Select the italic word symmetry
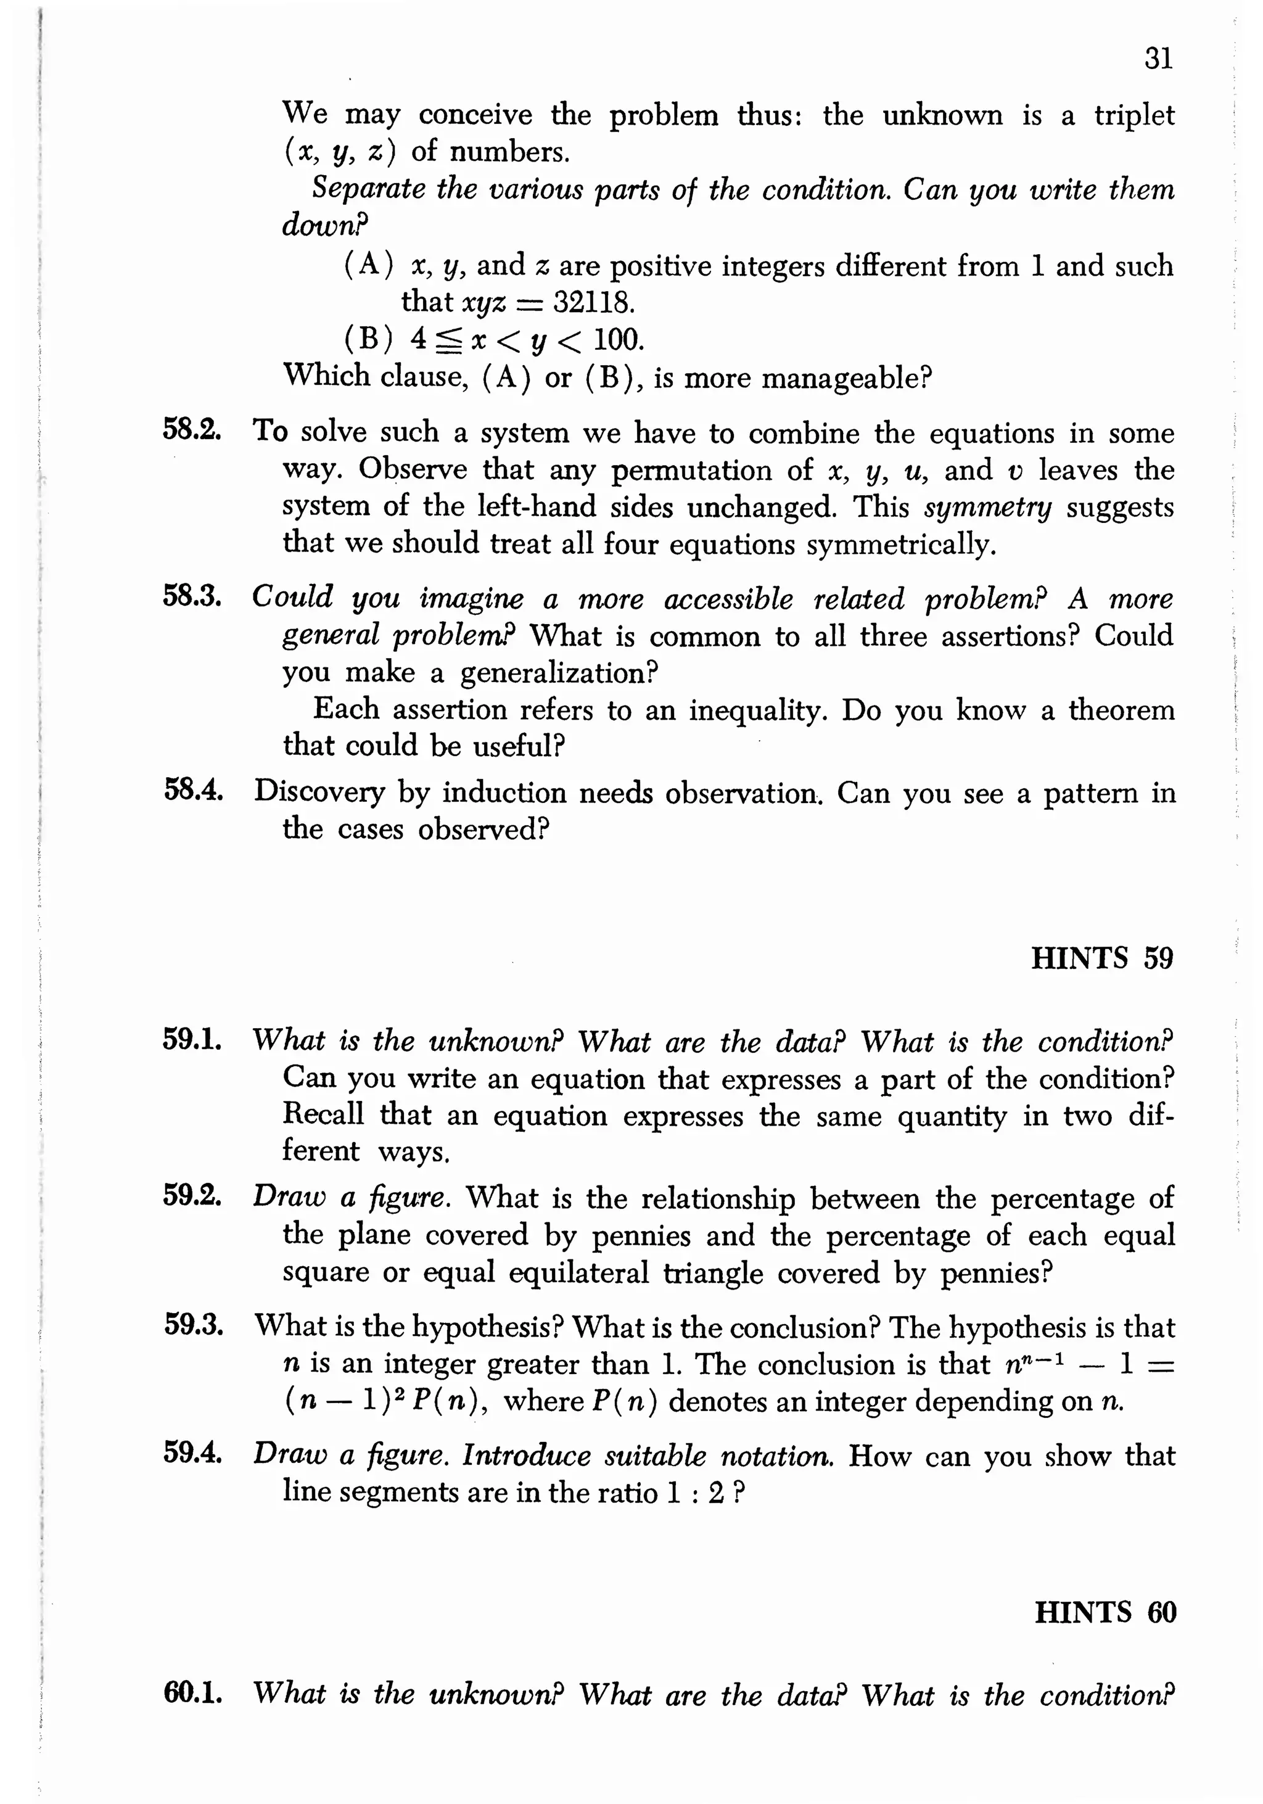point(987,508)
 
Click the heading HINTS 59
point(1101,958)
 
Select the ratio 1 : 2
point(694,1492)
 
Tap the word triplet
point(1134,115)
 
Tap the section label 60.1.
point(193,1692)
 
